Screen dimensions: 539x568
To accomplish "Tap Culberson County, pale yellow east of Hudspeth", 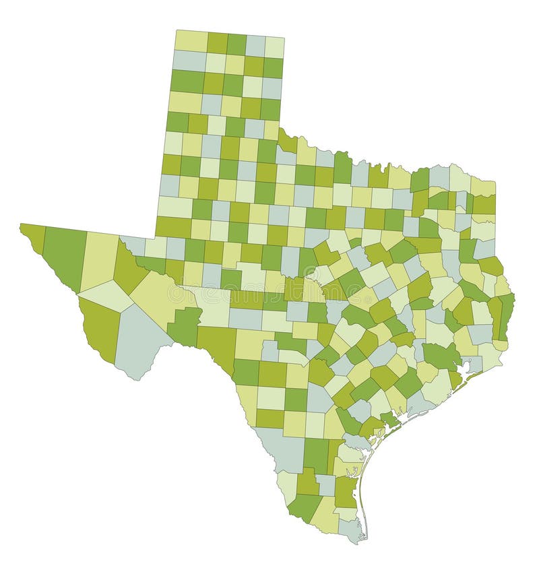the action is (x=99, y=259).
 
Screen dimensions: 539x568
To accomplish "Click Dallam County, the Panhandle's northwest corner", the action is (x=190, y=40).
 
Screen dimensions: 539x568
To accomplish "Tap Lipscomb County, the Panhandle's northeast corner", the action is (x=274, y=46).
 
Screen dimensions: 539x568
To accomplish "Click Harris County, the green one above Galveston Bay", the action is (x=441, y=356).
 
